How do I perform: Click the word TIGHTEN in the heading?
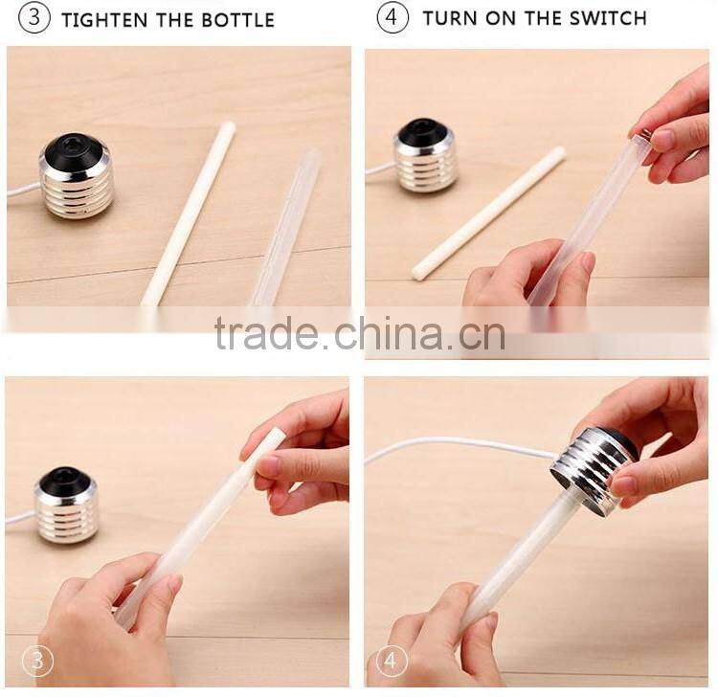(103, 19)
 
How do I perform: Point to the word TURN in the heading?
(451, 18)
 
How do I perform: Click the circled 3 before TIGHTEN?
(34, 18)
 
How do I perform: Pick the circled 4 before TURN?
(393, 18)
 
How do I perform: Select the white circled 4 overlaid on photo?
(393, 661)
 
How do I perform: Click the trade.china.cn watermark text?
(359, 334)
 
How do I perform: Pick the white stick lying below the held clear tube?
(487, 214)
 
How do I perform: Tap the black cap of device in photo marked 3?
(65, 482)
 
